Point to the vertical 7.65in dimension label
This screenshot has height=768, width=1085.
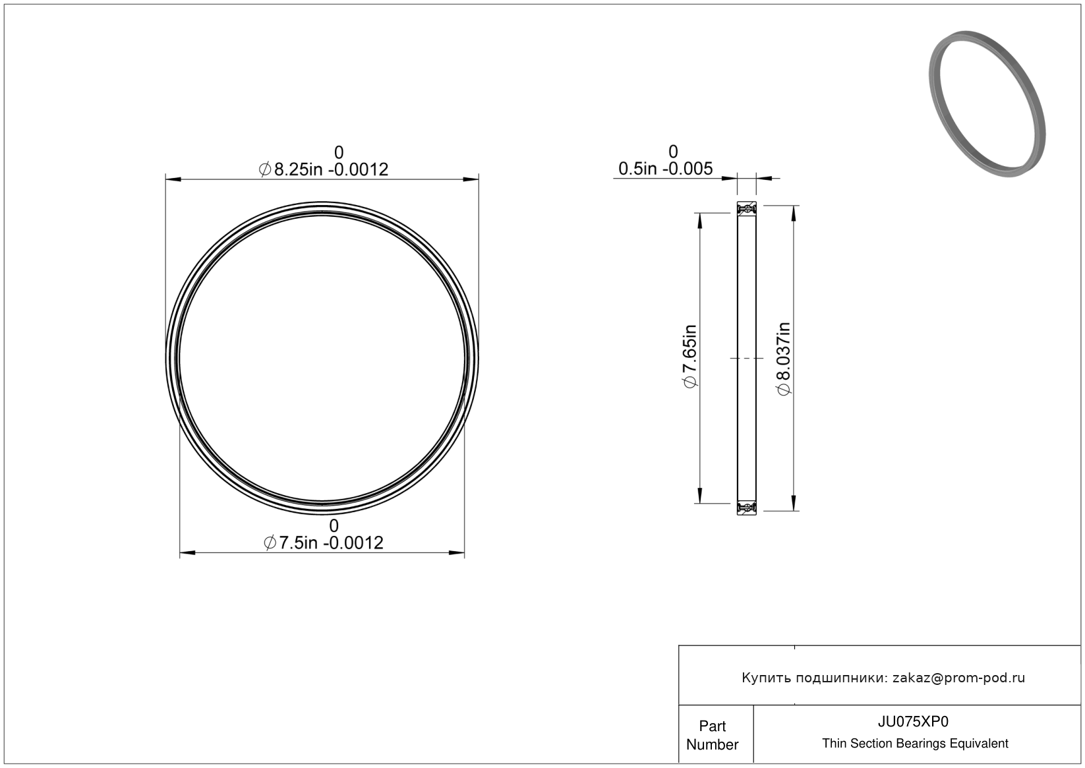pyautogui.click(x=689, y=357)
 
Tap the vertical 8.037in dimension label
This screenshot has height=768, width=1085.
pyautogui.click(x=784, y=359)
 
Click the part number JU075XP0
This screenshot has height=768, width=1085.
pyautogui.click(x=913, y=721)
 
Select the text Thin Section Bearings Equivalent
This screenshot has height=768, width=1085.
pyautogui.click(x=915, y=744)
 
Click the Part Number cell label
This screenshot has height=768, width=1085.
pyautogui.click(x=713, y=735)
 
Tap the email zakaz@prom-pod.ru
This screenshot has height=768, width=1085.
pyautogui.click(x=958, y=678)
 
